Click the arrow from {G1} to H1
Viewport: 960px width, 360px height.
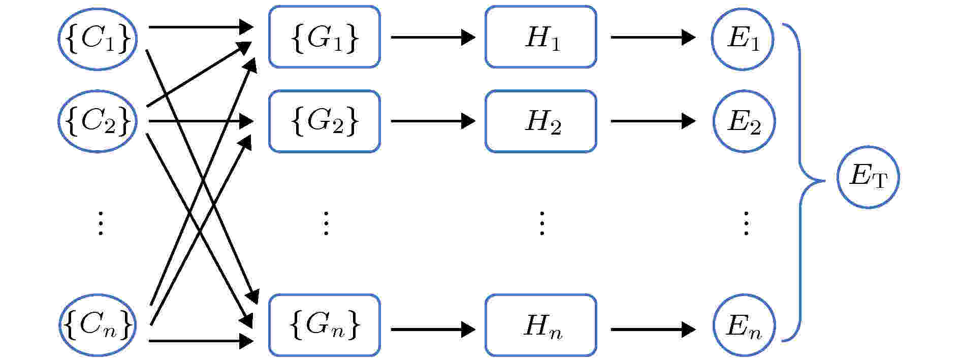tap(433, 37)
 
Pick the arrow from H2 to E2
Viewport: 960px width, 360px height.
tap(653, 121)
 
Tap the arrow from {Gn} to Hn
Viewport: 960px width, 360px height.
tap(433, 330)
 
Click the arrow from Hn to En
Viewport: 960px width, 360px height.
tap(653, 330)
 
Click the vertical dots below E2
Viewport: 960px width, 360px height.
tap(746, 223)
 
